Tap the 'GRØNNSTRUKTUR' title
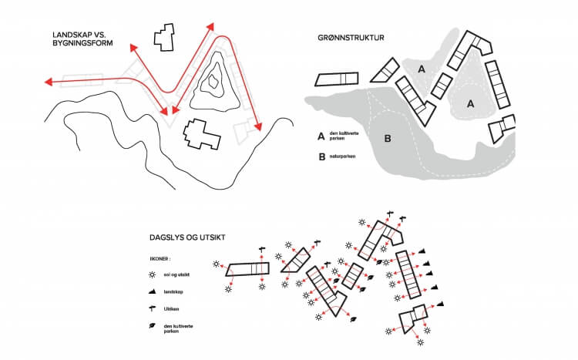(351, 37)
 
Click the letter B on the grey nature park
(388, 139)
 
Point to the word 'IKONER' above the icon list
(160, 260)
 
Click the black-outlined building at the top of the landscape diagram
(163, 36)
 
